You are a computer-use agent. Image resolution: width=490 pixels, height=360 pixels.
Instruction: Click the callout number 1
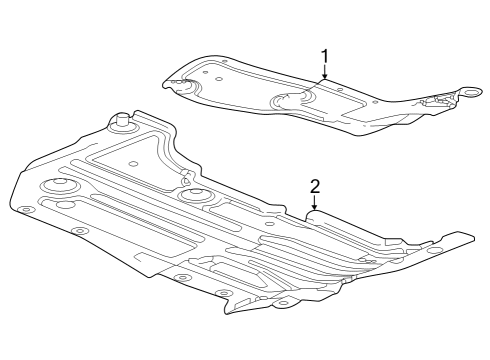324,56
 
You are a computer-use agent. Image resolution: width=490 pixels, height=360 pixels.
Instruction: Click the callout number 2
314,186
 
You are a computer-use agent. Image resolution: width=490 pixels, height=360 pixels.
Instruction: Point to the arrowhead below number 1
324,78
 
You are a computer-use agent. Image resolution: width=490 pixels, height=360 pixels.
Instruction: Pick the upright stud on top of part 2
123,121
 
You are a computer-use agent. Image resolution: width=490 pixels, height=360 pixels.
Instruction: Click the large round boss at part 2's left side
56,185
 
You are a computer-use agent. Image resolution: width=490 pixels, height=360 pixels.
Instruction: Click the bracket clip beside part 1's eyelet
437,100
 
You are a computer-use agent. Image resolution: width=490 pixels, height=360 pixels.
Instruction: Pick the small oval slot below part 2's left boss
66,204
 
